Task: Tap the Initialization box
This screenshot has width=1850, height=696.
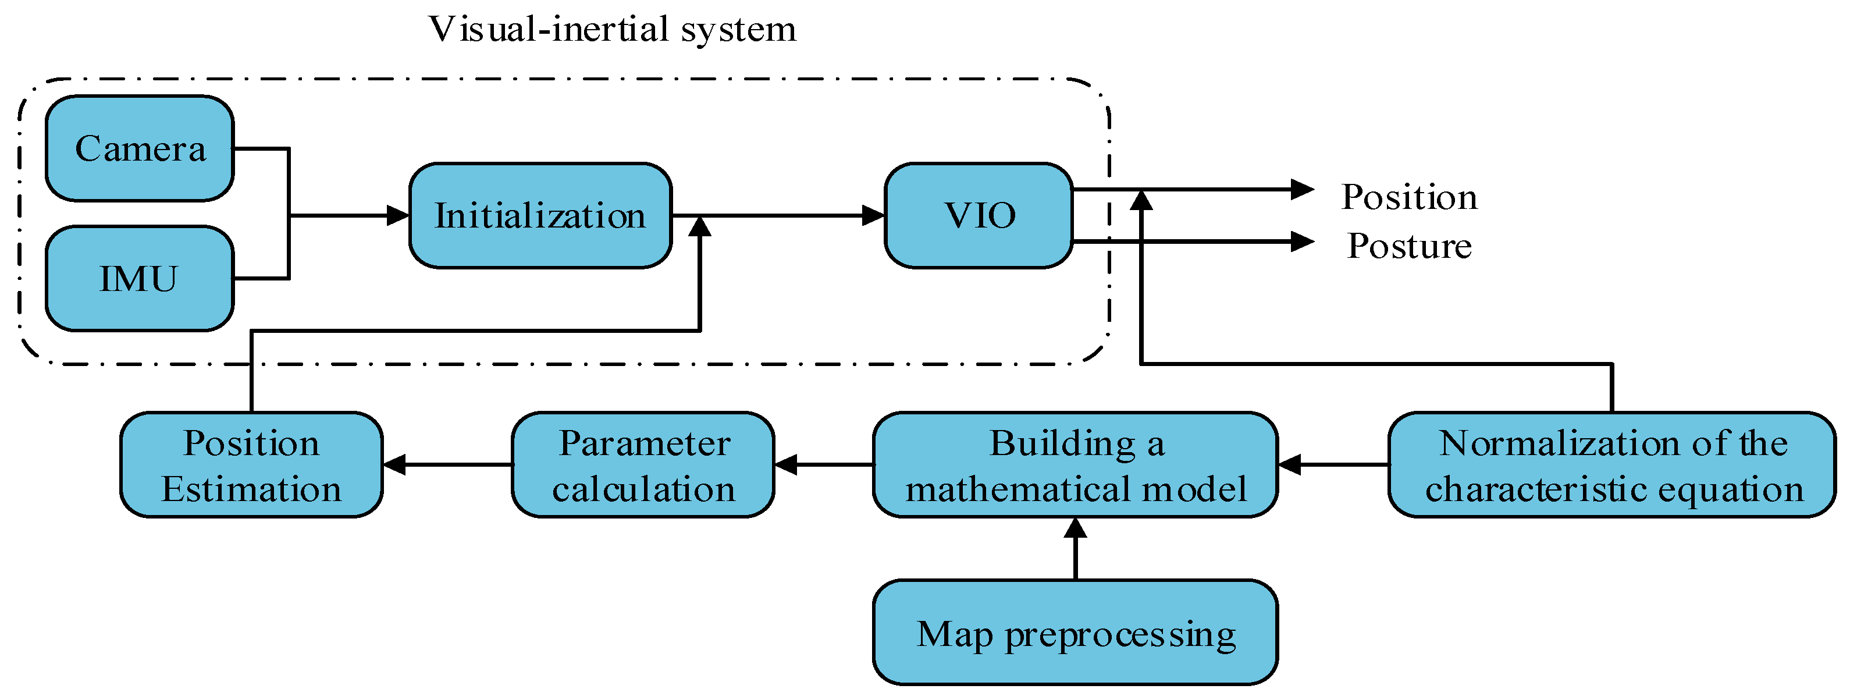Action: [540, 215]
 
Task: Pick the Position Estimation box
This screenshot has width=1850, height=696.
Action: [251, 465]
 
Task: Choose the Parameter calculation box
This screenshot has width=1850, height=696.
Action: [643, 465]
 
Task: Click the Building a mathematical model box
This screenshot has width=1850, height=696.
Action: [1075, 465]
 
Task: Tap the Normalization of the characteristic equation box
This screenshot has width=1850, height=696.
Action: [1611, 465]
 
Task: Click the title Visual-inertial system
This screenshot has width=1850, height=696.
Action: [612, 30]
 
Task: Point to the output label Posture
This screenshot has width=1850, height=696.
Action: [1408, 246]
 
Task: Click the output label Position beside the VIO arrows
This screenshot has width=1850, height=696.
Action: [1408, 197]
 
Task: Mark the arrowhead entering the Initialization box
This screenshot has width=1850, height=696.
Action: [398, 215]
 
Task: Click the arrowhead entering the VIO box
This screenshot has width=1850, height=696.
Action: [873, 215]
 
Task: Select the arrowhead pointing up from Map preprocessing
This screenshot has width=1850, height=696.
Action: [1075, 528]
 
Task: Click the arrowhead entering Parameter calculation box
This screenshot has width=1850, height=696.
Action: [787, 465]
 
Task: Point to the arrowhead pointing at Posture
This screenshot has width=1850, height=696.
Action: [1301, 242]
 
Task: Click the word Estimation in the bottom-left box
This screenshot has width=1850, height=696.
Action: [251, 489]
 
